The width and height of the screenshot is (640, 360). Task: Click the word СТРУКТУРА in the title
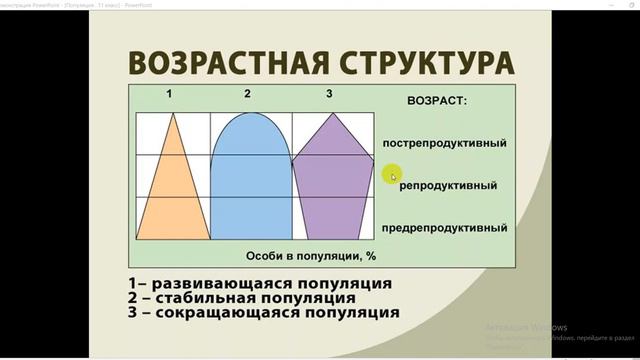419,63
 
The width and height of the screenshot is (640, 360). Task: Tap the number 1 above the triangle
170,95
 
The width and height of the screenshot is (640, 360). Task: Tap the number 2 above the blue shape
246,95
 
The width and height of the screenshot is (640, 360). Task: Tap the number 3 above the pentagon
329,95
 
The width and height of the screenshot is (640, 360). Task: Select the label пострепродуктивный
444,143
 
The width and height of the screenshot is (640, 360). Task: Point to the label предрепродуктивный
444,228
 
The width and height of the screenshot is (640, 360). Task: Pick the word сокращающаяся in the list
225,312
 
